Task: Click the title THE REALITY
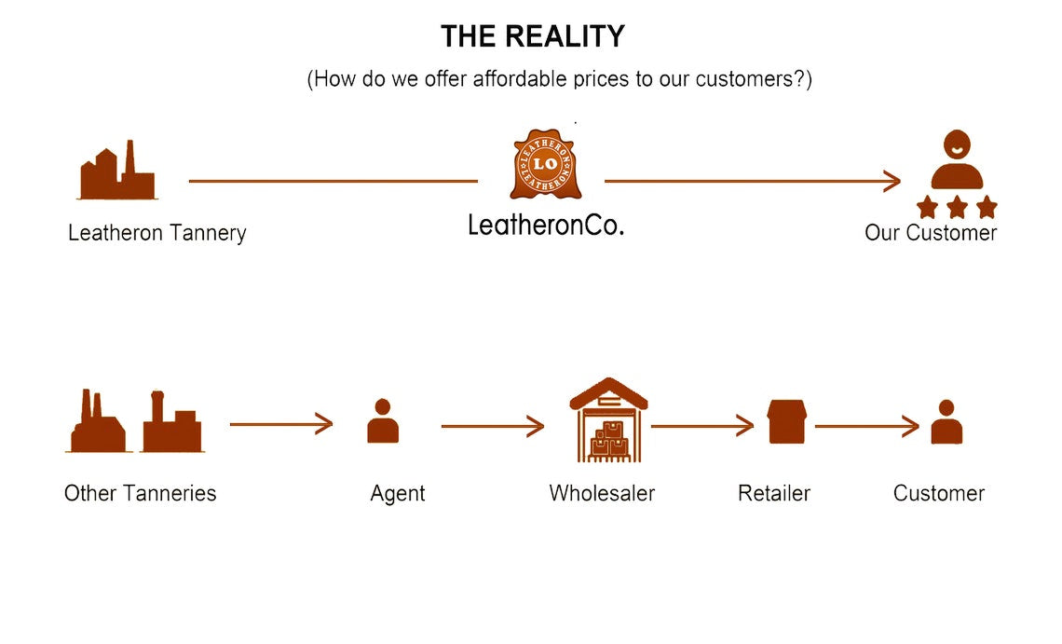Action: [532, 36]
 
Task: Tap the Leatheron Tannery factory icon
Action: [117, 171]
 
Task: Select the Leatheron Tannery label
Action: [157, 232]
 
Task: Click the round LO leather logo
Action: [545, 165]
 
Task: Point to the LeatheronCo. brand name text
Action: [545, 224]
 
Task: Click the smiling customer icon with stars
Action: [957, 172]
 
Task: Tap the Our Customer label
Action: [930, 232]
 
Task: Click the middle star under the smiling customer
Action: [957, 206]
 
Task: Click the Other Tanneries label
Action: [140, 493]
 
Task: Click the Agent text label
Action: [398, 493]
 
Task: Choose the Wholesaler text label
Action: [602, 493]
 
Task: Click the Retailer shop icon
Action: [786, 421]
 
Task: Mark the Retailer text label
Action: [774, 493]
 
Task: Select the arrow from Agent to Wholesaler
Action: [492, 427]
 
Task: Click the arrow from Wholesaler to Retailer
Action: [701, 427]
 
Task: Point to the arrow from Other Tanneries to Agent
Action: [280, 424]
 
